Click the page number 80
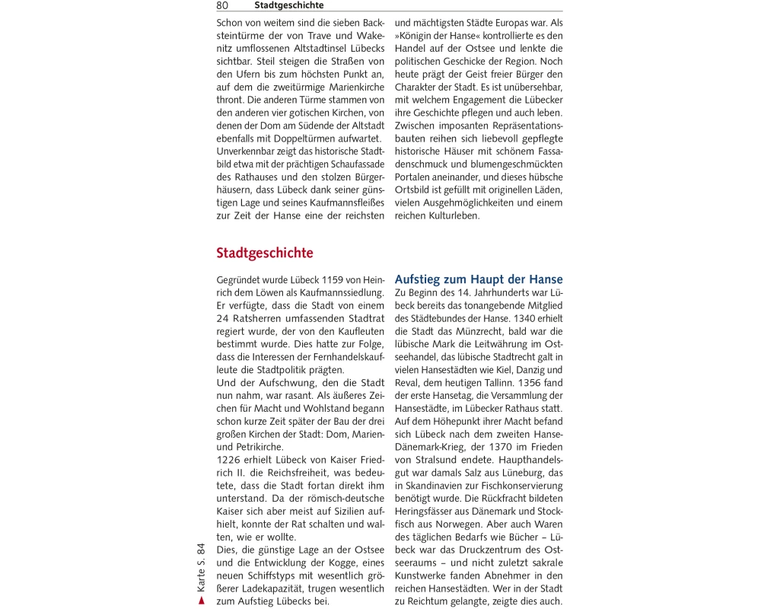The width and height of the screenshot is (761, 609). coord(222,5)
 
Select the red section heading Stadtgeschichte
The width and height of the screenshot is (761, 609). coord(264,253)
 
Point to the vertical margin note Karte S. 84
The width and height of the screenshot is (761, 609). coord(201,567)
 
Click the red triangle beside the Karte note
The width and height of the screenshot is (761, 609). coord(201,601)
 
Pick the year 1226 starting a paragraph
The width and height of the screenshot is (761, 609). coord(230,461)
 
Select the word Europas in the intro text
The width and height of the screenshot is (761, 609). coord(501,23)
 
